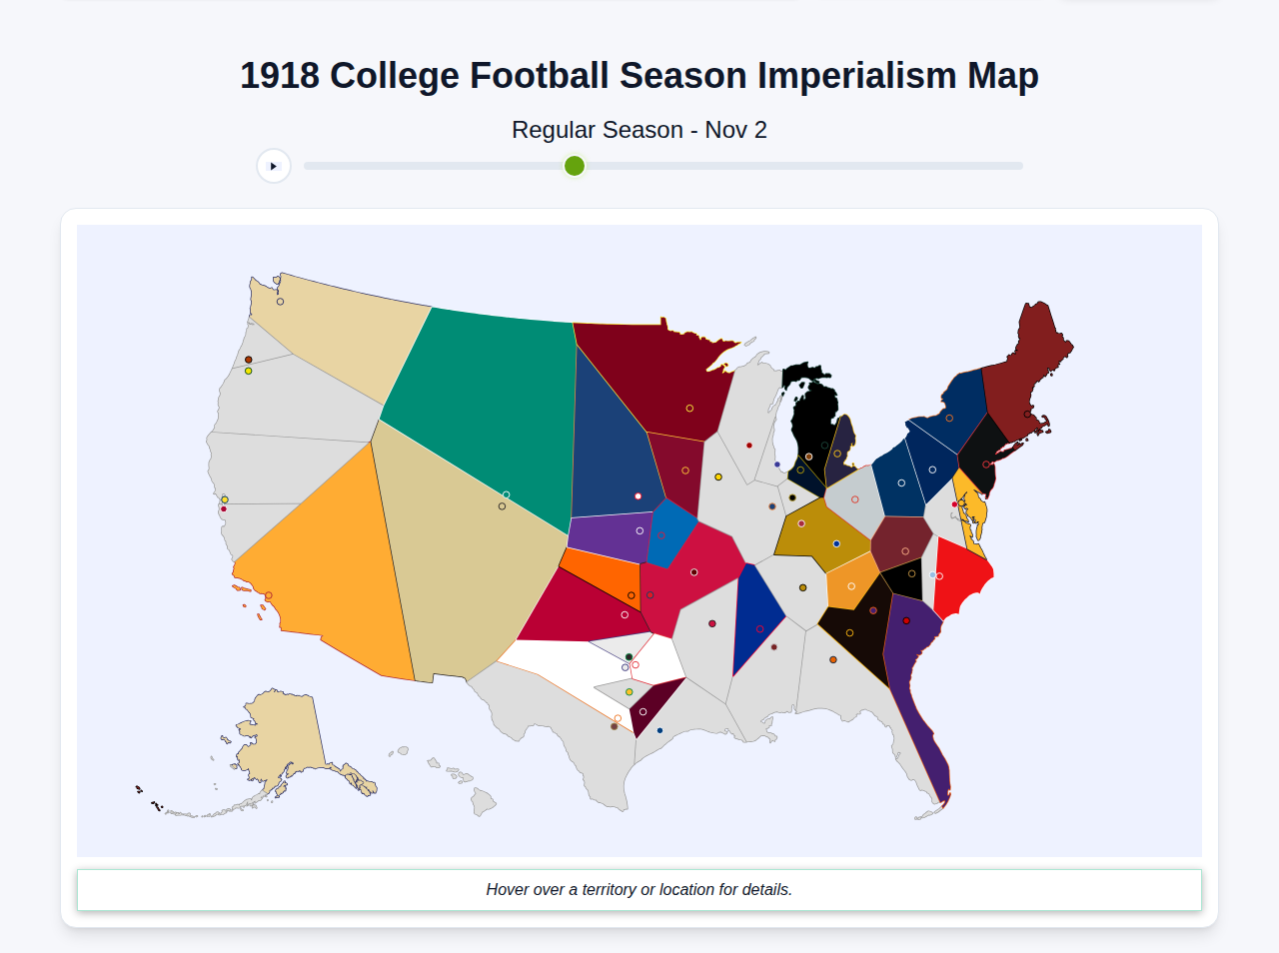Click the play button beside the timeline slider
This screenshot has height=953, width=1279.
click(273, 166)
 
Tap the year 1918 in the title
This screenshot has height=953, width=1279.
click(280, 76)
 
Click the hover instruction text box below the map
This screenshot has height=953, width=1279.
click(639, 889)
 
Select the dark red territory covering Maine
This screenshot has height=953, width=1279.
click(1029, 370)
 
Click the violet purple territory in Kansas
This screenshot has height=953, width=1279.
click(610, 536)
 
